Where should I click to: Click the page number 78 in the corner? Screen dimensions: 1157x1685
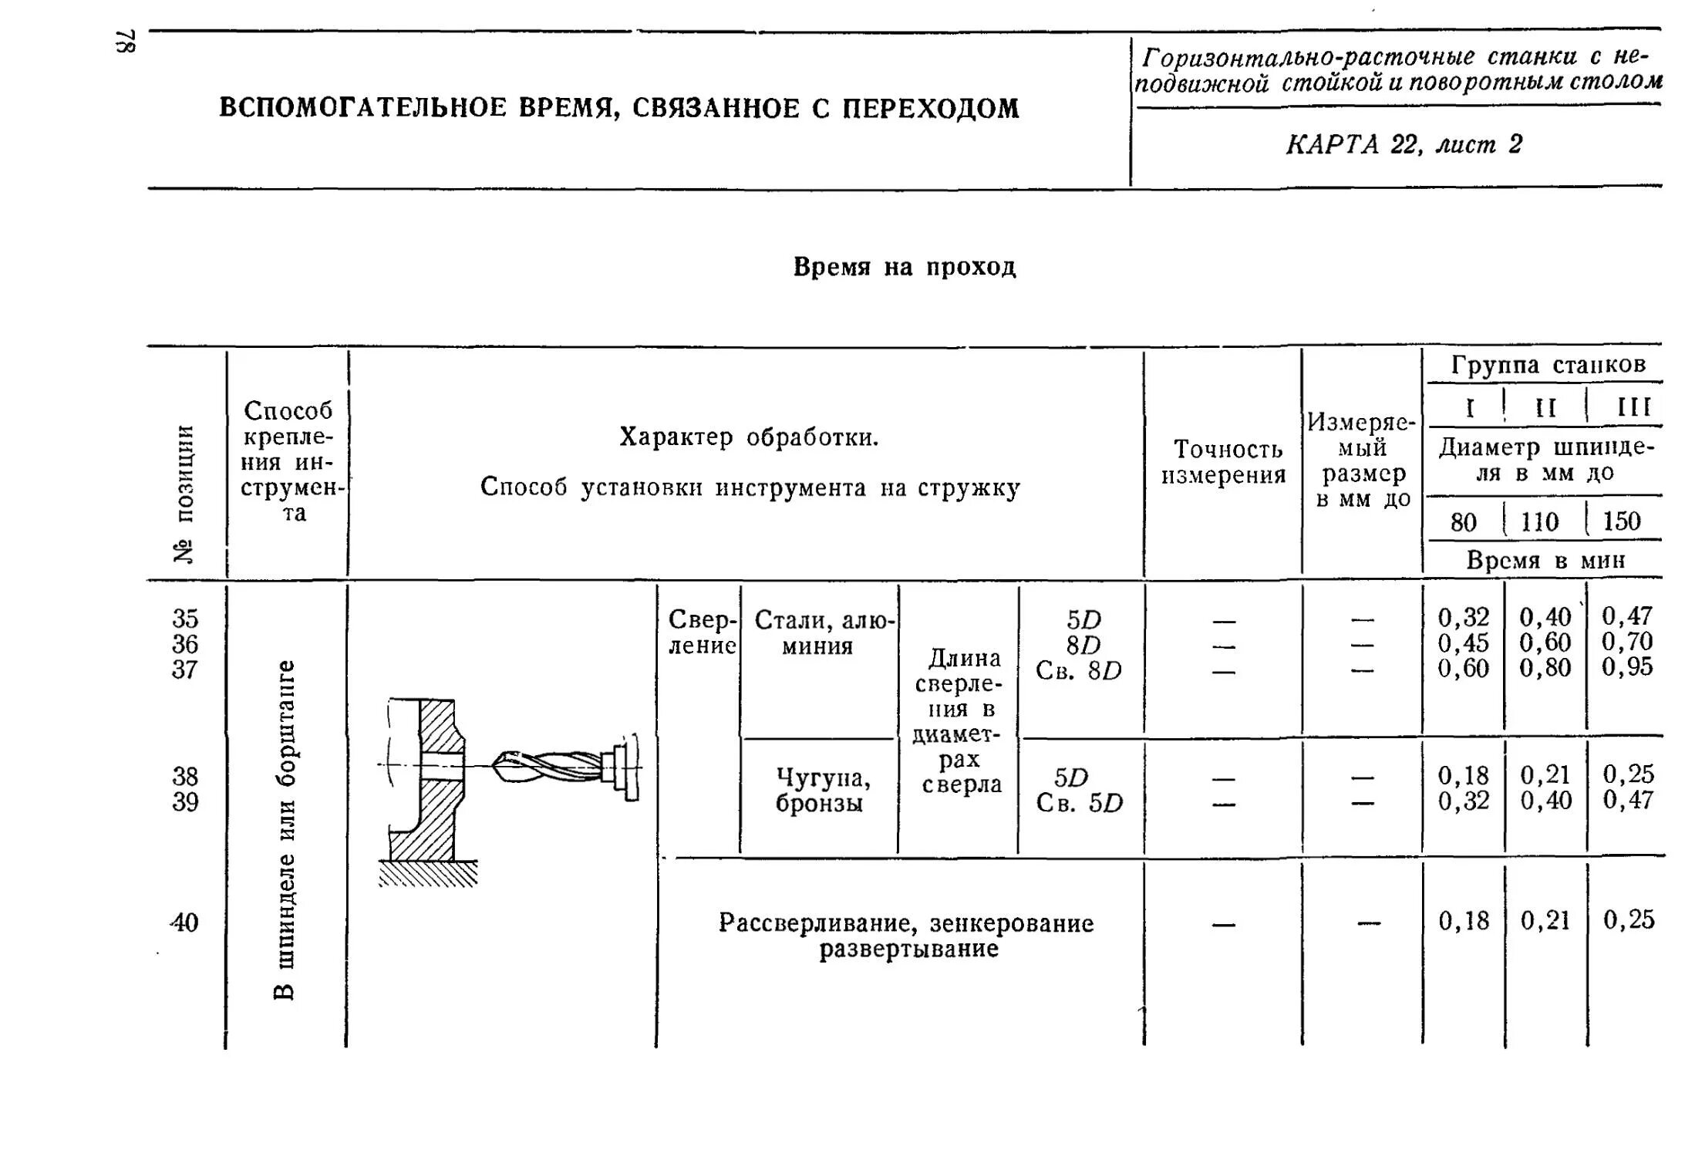click(x=126, y=42)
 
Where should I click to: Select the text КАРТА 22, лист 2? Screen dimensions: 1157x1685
click(x=1404, y=145)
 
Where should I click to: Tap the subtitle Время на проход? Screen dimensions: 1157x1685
click(x=905, y=267)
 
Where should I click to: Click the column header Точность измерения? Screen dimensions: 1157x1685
click(x=1223, y=462)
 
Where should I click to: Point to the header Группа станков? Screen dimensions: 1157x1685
click(x=1548, y=365)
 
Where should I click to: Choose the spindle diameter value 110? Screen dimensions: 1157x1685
click(x=1539, y=522)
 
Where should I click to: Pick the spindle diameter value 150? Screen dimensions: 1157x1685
click(x=1621, y=521)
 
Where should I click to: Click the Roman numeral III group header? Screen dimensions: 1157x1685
click(x=1633, y=407)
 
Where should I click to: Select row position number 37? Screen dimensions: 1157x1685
click(x=185, y=669)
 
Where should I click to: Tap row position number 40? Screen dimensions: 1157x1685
click(x=185, y=922)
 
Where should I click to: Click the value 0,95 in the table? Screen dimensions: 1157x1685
click(x=1627, y=667)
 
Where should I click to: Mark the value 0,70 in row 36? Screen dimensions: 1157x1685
click(x=1627, y=642)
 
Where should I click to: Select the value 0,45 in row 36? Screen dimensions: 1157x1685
click(x=1463, y=643)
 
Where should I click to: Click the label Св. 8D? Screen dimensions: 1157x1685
click(x=1078, y=671)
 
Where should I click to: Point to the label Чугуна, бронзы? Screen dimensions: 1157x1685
click(x=820, y=790)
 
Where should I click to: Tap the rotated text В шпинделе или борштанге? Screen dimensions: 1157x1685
click(x=285, y=829)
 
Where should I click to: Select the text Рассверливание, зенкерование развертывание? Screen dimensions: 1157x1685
click(x=906, y=935)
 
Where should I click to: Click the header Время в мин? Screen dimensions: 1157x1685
click(x=1545, y=560)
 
